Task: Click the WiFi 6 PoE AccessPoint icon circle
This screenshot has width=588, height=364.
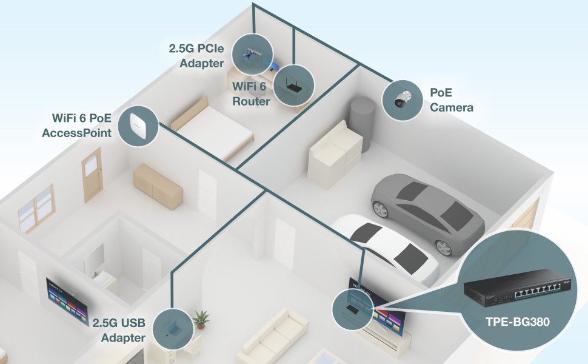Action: (138, 126)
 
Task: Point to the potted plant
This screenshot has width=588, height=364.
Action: (200, 318)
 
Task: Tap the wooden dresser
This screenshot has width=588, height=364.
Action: (158, 185)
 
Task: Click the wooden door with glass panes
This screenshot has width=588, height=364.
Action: (93, 174)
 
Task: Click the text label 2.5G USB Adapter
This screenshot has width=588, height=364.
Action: (119, 329)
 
